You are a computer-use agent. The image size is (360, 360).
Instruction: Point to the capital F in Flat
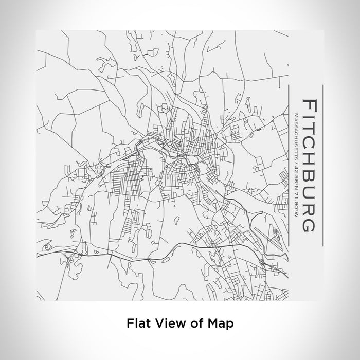tap(130, 323)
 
